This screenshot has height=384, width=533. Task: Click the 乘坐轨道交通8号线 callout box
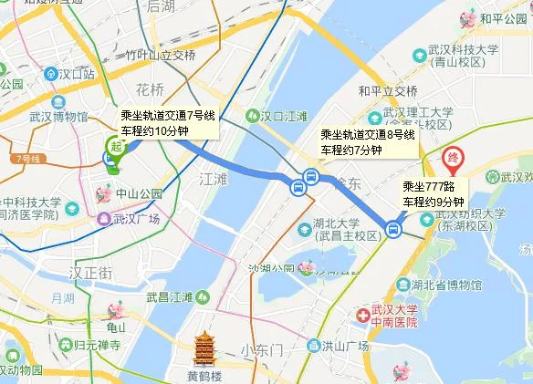click(367, 141)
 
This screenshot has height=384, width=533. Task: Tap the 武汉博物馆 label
click(57, 118)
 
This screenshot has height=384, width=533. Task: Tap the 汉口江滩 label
click(283, 117)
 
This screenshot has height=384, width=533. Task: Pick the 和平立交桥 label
click(388, 90)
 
